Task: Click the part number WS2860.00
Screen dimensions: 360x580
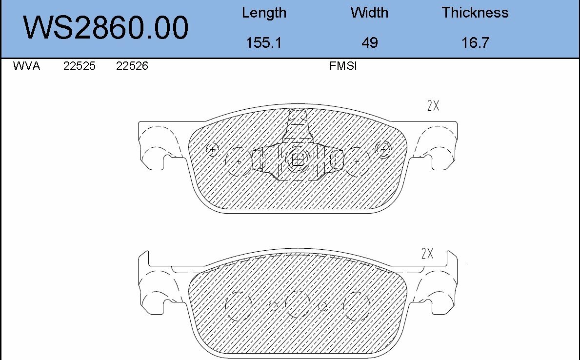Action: pos(106,28)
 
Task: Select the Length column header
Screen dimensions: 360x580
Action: pos(264,13)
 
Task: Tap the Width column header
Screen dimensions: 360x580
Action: pos(369,13)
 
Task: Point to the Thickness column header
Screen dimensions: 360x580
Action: pos(475,13)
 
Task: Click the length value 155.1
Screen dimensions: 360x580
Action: pos(264,43)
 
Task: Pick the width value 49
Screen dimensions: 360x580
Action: pos(369,43)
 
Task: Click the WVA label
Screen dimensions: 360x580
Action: pos(26,66)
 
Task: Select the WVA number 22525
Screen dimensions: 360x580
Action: pos(80,66)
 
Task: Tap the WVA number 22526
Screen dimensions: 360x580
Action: pos(132,66)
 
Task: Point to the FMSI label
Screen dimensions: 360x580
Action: pos(343,66)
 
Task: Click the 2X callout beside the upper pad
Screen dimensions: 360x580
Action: pos(433,106)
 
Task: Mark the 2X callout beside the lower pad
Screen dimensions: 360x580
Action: pos(427,254)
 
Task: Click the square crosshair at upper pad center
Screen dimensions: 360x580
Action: pos(298,160)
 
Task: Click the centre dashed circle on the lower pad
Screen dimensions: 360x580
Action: pos(298,304)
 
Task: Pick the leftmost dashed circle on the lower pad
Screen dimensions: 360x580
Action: pos(239,306)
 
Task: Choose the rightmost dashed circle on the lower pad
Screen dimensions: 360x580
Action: pos(357,306)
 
